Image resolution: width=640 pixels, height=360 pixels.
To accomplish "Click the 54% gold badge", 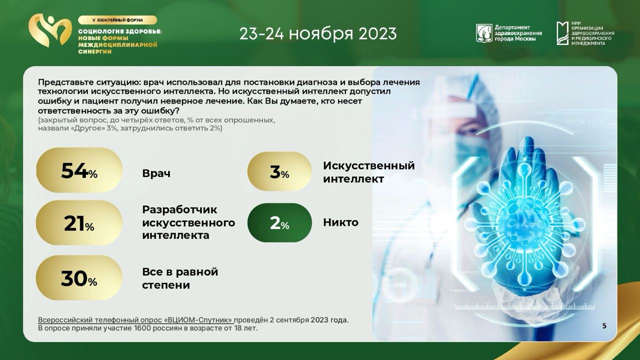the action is [x=79, y=170].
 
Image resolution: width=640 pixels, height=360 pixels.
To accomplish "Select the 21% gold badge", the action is [x=79, y=223].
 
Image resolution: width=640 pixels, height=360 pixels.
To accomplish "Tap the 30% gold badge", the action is [x=79, y=277].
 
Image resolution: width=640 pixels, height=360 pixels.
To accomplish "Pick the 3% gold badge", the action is [x=279, y=171].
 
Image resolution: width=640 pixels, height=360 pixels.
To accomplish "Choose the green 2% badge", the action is [x=279, y=223].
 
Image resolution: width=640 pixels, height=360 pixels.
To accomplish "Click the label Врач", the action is [x=156, y=173].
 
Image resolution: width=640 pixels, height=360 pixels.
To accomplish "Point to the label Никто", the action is [x=340, y=222].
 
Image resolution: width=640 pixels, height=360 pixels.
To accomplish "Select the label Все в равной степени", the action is [x=180, y=278].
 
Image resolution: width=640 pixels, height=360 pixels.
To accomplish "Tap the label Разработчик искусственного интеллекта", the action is [x=188, y=222].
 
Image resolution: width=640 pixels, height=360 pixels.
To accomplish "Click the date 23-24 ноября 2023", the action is [x=318, y=33].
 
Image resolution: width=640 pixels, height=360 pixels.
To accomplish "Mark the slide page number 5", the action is [x=604, y=326].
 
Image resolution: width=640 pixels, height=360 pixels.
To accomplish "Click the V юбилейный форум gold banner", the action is [x=117, y=20].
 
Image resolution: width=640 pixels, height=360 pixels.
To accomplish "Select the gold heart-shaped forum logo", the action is [x=50, y=30].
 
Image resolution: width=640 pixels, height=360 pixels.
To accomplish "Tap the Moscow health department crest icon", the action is [x=484, y=33].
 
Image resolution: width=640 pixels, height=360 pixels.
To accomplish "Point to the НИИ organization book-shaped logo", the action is [x=562, y=33].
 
